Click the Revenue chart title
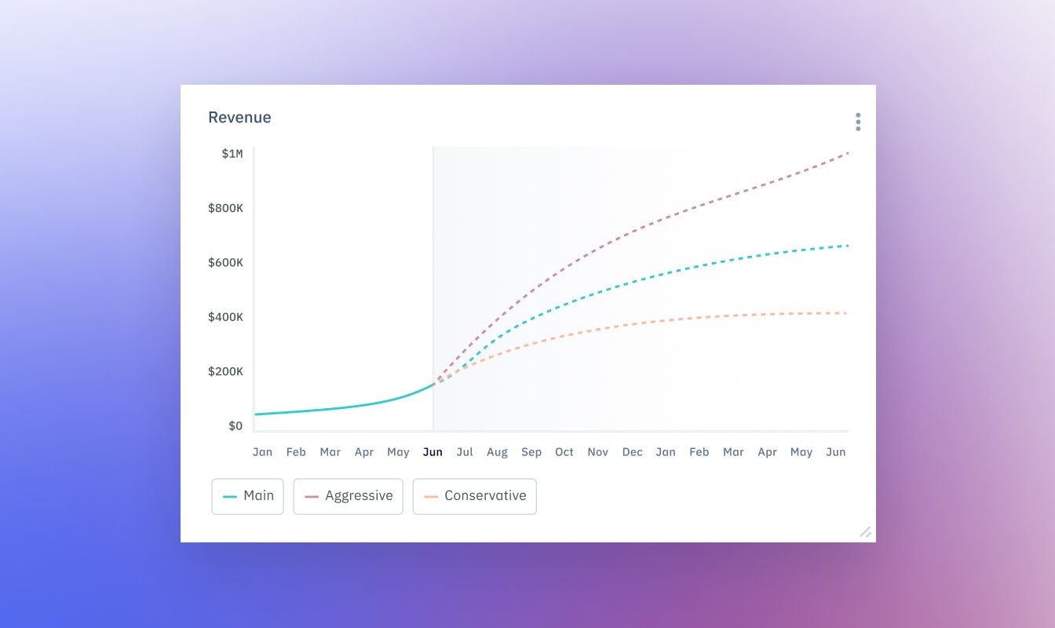tap(239, 118)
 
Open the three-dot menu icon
tap(858, 122)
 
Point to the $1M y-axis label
tap(232, 154)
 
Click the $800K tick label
tap(225, 208)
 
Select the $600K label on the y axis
tap(225, 262)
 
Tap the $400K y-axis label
tap(225, 317)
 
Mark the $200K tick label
tap(225, 371)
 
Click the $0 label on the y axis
tap(235, 426)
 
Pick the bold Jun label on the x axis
tap(433, 452)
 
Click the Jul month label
tap(465, 452)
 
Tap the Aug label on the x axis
tap(497, 452)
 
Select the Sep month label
tap(531, 452)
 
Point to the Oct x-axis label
tap(564, 452)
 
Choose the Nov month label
tap(598, 452)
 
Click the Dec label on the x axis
tap(632, 452)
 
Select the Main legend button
tap(247, 496)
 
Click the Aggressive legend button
tap(348, 496)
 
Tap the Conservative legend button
tap(474, 496)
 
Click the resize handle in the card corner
tap(865, 531)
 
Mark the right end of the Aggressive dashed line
tap(848, 153)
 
